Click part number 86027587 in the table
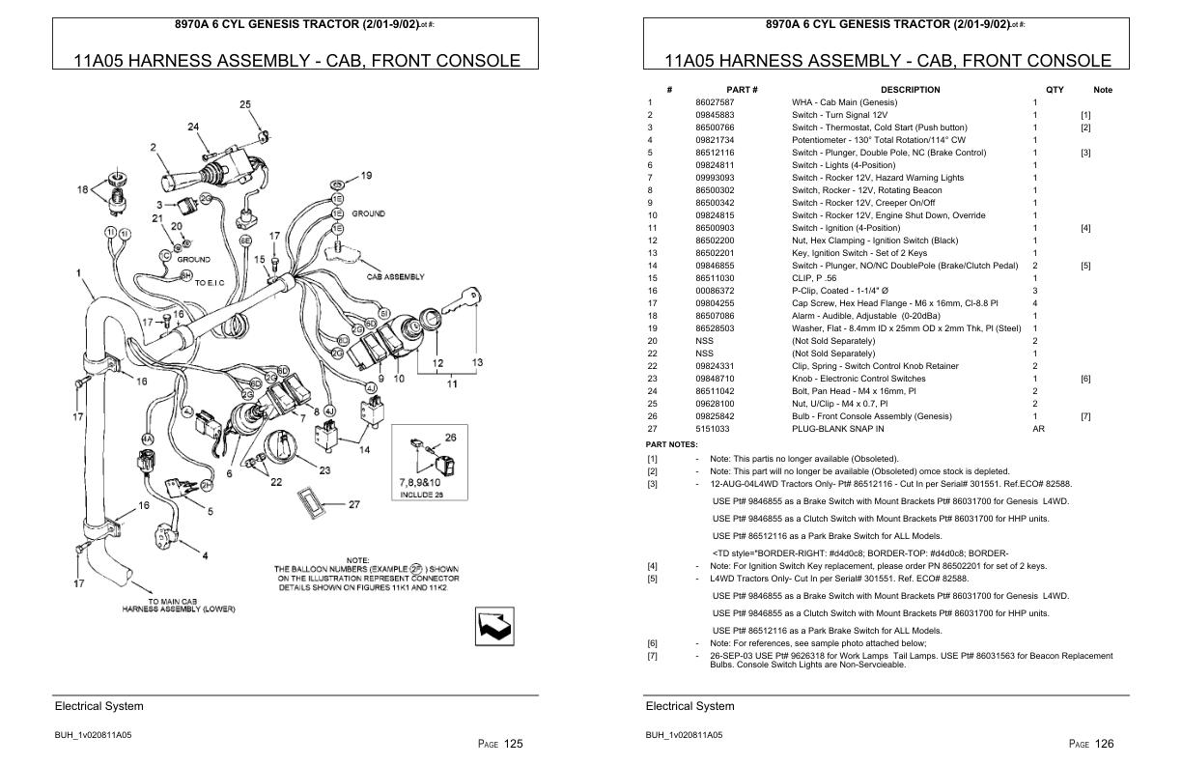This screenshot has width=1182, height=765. point(715,102)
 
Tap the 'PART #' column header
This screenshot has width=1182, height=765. point(742,90)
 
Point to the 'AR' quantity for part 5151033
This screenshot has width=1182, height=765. point(1038,429)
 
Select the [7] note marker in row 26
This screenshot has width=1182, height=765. point(1085,416)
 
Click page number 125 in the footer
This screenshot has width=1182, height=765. point(513,744)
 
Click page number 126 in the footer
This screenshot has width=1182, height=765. point(1104,744)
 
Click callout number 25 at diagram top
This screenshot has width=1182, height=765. point(244,104)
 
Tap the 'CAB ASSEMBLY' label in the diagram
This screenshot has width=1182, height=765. point(394,277)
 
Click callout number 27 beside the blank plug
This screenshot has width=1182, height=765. point(354,504)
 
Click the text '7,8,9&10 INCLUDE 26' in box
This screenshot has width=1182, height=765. point(420,488)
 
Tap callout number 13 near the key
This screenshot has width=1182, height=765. point(477,362)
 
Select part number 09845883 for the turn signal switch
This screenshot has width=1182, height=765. point(715,115)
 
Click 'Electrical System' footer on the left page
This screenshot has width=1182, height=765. point(98,706)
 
